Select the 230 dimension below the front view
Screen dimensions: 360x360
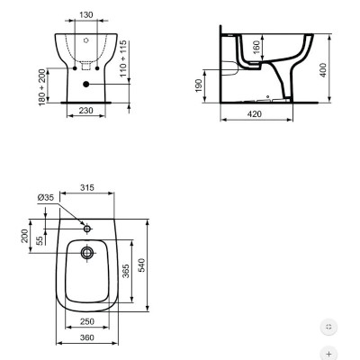pyautogui.click(x=85, y=110)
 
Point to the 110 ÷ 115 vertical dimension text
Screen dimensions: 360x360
pyautogui.click(x=135, y=57)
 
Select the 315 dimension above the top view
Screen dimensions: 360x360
pyautogui.click(x=87, y=188)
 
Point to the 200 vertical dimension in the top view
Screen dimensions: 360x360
pyautogui.click(x=25, y=236)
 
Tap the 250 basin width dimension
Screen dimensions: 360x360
pyautogui.click(x=86, y=321)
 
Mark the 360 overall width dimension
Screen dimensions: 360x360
pyautogui.click(x=86, y=338)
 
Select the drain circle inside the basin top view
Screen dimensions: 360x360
pyautogui.click(x=86, y=254)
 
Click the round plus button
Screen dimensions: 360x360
pyautogui.click(x=329, y=355)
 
